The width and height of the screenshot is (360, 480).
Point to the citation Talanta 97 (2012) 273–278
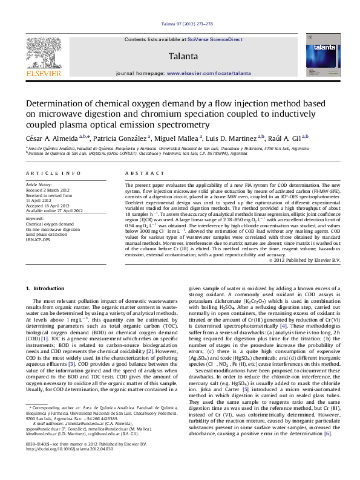pos(186,24)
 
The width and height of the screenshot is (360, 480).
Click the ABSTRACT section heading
pos(139,173)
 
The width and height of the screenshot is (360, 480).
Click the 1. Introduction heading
pos(48,289)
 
